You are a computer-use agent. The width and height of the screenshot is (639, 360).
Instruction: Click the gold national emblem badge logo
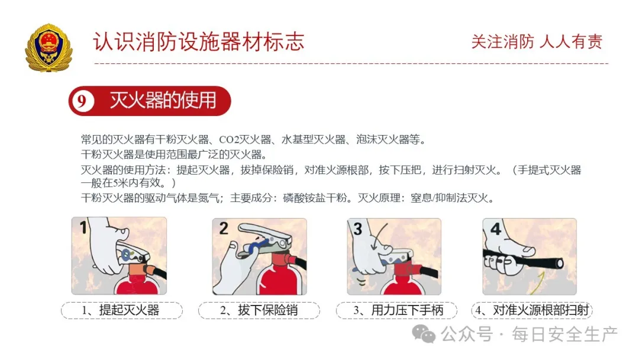(49, 47)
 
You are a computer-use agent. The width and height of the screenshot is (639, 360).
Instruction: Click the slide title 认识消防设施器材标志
(198, 41)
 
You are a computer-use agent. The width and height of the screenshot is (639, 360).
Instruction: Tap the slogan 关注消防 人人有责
(537, 41)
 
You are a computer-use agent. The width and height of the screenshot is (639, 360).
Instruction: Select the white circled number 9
(82, 101)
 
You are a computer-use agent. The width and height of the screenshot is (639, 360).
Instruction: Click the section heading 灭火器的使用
(163, 101)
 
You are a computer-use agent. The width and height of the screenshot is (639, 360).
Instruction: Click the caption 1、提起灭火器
(121, 310)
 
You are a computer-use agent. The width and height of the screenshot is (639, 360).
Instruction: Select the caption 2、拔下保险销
(259, 310)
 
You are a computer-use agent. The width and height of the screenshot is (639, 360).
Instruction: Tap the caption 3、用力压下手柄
(398, 310)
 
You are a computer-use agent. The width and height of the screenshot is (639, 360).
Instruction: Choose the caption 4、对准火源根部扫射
(532, 310)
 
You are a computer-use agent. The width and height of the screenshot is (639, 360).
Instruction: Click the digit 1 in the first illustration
(83, 227)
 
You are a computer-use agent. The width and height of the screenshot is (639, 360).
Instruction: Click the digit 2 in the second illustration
(224, 228)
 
